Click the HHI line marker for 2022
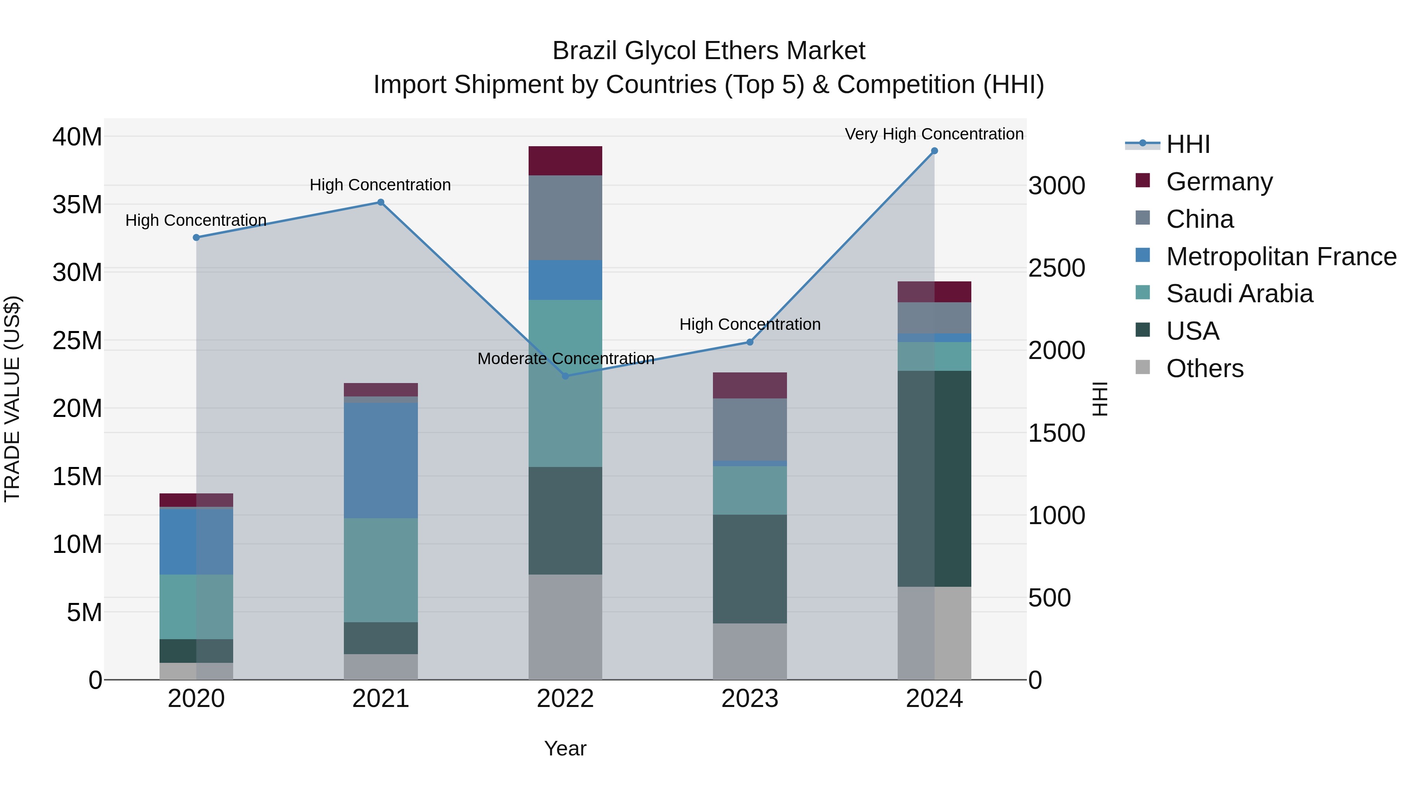[565, 376]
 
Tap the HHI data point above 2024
[934, 151]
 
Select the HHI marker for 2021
[380, 202]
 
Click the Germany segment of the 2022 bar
[565, 161]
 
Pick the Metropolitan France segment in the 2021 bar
[380, 460]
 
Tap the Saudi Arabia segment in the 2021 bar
[380, 569]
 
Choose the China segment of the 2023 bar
[750, 429]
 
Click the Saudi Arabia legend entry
[1238, 294]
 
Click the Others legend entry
[1205, 368]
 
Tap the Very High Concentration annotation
[934, 134]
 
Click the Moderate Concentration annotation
[565, 359]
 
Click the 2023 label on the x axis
[750, 699]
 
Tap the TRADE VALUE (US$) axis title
[12, 399]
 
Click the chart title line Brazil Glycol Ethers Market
[709, 51]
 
